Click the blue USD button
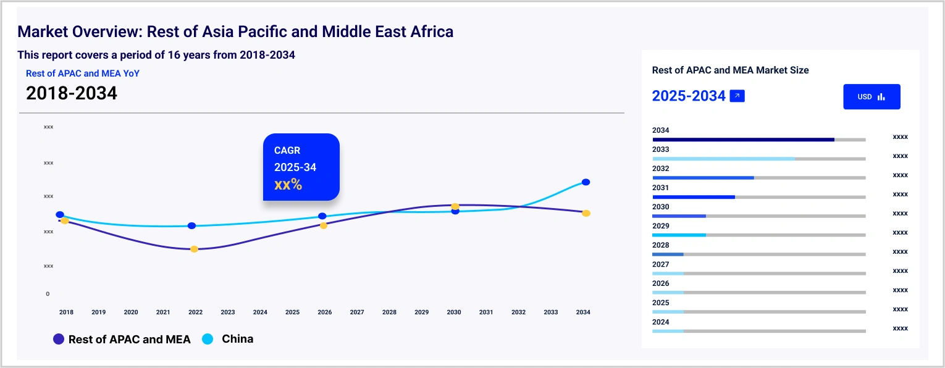[871, 97]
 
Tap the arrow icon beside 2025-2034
[737, 96]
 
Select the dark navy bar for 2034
[743, 140]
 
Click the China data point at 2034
[586, 182]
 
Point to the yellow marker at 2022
[194, 249]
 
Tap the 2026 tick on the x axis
[324, 312]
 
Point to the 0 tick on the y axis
[48, 294]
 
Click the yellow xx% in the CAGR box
[288, 184]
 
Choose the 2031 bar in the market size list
[694, 197]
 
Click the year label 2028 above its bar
[660, 245]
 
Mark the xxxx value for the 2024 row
[900, 328]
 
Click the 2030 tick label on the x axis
[454, 312]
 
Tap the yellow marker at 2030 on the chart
[455, 206]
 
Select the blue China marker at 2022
[191, 226]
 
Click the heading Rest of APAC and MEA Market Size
[730, 70]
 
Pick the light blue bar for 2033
[723, 159]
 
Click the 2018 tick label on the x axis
[66, 312]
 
